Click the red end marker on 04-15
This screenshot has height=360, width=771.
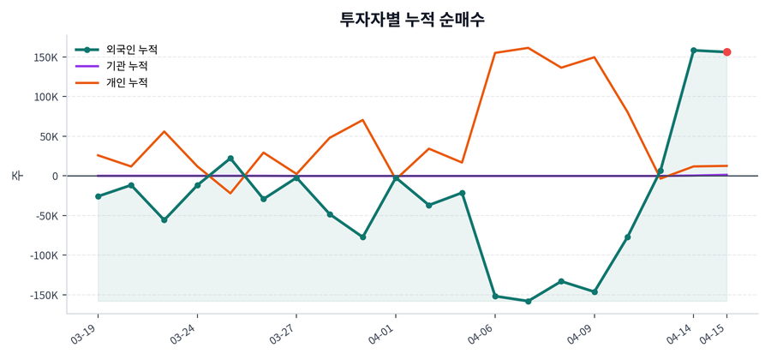click(x=726, y=52)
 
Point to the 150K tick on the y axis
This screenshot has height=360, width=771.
click(x=45, y=57)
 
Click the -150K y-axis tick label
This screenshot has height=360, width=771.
click(x=43, y=295)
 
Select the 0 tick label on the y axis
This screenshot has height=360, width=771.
click(x=55, y=176)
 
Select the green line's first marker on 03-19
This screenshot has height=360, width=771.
click(x=99, y=196)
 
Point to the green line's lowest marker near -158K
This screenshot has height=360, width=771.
click(x=529, y=301)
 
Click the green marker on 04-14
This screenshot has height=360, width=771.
click(x=693, y=51)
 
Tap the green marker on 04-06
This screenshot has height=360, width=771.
click(x=495, y=296)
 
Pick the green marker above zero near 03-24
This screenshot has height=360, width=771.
click(x=230, y=159)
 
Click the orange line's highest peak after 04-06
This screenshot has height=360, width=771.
click(x=528, y=48)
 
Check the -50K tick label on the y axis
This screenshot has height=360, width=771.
click(x=46, y=216)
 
